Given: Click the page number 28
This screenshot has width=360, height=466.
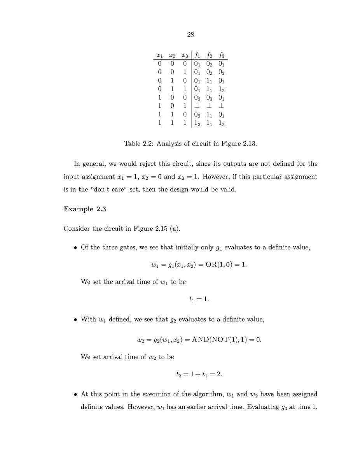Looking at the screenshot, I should click(190, 35).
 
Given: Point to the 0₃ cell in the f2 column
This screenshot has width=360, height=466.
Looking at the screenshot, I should click(210, 98).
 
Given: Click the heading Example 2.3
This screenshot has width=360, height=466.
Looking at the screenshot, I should click(85, 209).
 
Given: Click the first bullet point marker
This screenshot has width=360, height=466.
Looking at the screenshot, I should click(75, 248).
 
